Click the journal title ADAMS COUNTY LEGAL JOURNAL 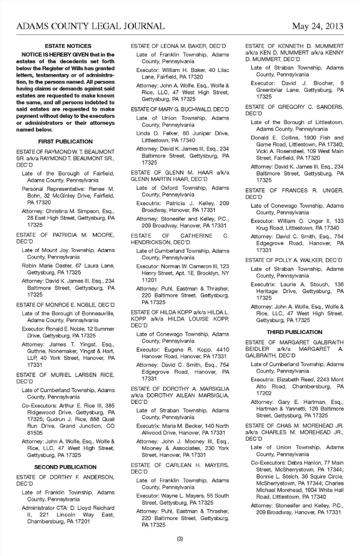tap(90, 26)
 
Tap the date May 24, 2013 tap(317, 26)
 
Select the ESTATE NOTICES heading tap(68, 46)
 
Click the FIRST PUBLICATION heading tap(65, 141)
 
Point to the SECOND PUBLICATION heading tap(65, 467)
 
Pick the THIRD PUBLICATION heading tap(294, 332)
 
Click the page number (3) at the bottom tap(180, 539)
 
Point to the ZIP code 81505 tap(35, 433)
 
